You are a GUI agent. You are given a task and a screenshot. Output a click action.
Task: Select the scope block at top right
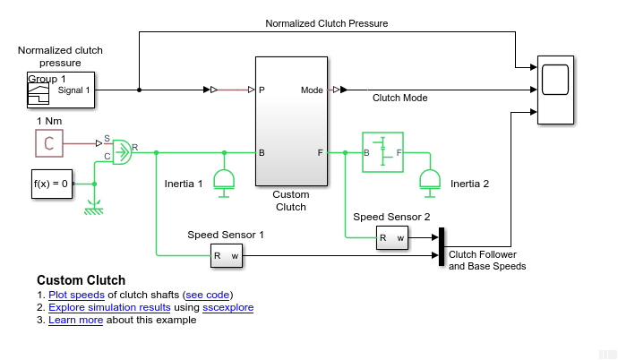point(556,90)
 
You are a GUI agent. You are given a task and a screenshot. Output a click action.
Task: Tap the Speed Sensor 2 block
point(391,236)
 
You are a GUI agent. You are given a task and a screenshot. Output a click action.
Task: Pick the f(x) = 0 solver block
point(50,183)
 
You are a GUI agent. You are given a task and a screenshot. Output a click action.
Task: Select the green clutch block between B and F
point(382,153)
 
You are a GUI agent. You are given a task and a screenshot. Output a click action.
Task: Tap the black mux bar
point(441,247)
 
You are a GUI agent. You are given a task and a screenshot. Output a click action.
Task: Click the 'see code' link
point(208,295)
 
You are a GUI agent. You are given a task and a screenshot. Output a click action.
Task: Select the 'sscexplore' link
point(228,307)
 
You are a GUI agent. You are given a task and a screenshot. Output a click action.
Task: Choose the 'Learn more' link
point(76,320)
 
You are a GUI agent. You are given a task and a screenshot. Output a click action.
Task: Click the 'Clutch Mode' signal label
point(399,99)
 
